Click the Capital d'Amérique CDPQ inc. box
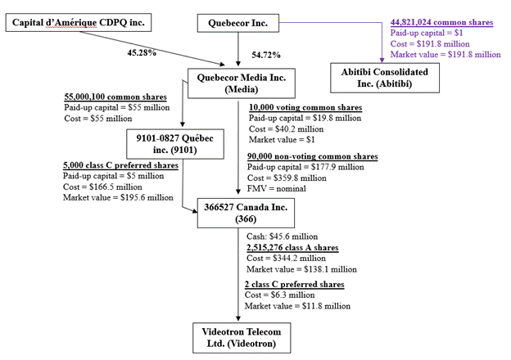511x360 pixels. tap(78, 23)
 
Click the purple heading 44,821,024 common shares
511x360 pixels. tap(442, 22)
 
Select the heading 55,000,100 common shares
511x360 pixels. tap(115, 96)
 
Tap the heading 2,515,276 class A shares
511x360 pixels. tap(292, 247)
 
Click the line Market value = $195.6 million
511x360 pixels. tap(118, 196)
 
